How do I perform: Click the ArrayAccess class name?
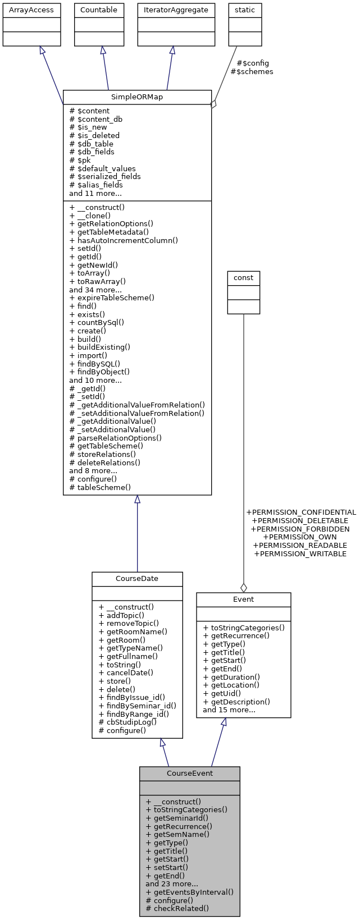point(31,10)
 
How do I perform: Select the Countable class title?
point(99,10)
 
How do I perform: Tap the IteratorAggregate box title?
point(176,10)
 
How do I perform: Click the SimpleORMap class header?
point(137,97)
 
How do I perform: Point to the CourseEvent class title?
point(189,773)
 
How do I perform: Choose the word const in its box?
point(243,278)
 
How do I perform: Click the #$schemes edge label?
point(252,72)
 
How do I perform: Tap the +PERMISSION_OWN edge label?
point(300,537)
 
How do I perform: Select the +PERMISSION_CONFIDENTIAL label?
point(300,512)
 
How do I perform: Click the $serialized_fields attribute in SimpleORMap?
point(105,177)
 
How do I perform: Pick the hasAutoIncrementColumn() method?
point(124,240)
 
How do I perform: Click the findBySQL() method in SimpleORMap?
point(94,364)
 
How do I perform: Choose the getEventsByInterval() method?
point(189,892)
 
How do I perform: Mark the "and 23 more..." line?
point(171,884)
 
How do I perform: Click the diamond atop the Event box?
point(243,588)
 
